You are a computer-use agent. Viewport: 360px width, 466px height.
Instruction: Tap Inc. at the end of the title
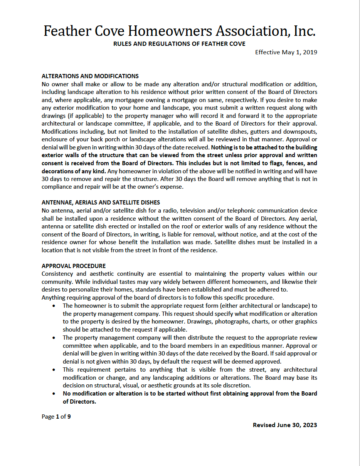tap(304, 31)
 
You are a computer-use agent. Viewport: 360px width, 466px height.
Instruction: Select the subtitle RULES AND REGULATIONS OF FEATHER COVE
tap(179, 44)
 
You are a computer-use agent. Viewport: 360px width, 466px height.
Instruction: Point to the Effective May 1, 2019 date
tap(286, 52)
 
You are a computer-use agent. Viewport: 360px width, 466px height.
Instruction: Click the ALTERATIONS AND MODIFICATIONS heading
tap(90, 76)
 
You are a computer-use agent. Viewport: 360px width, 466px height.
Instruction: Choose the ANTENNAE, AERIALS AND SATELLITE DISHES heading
tap(101, 202)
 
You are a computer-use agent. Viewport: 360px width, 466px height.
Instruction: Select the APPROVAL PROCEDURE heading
tap(74, 266)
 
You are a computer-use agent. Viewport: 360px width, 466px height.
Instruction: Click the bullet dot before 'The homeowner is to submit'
tap(54, 306)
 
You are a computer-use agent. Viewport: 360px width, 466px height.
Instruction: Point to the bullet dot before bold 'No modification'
tap(54, 394)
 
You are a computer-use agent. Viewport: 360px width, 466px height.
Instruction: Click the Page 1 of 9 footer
tap(56, 416)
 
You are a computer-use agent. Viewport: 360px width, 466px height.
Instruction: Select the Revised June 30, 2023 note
tap(285, 425)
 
